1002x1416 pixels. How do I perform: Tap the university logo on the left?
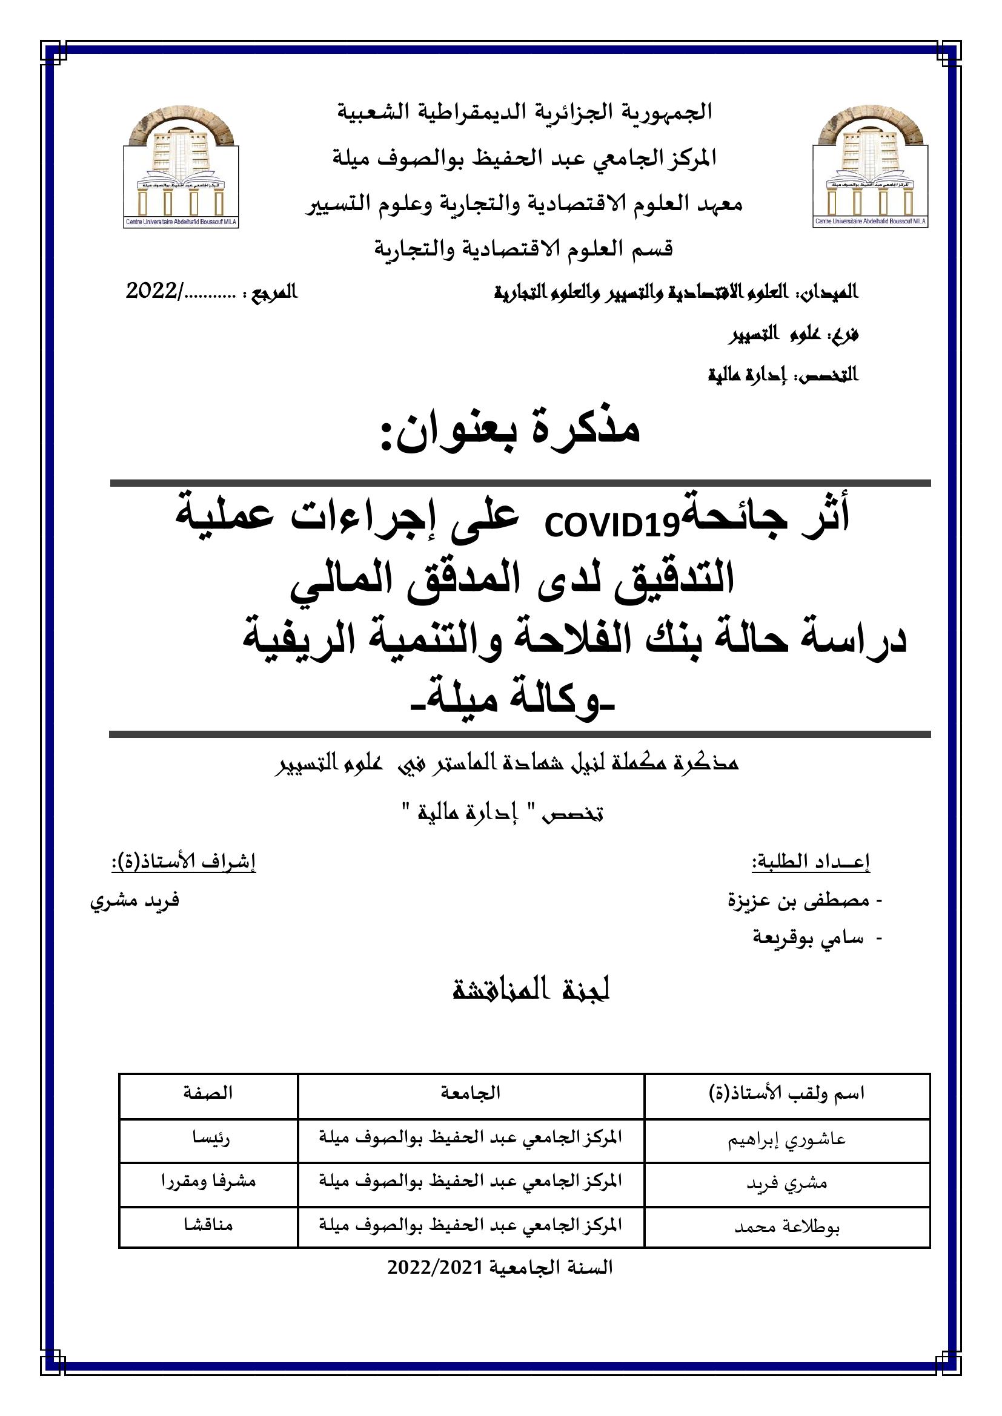[x=181, y=165]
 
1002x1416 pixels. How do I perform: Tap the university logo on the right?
[x=871, y=165]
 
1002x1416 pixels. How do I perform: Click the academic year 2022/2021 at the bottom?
[x=500, y=1267]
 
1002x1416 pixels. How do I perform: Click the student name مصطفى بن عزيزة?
[x=799, y=901]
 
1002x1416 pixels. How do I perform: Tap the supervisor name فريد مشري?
[x=134, y=901]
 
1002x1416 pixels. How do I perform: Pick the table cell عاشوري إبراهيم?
[x=788, y=1139]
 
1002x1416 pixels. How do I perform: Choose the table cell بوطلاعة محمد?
[x=788, y=1227]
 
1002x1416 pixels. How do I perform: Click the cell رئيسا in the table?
[x=208, y=1139]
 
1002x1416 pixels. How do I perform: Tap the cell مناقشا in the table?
[x=208, y=1225]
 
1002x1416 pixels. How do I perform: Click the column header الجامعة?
[x=471, y=1093]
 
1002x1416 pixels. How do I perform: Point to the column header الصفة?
[x=208, y=1093]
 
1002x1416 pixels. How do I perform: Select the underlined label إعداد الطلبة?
[x=810, y=863]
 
